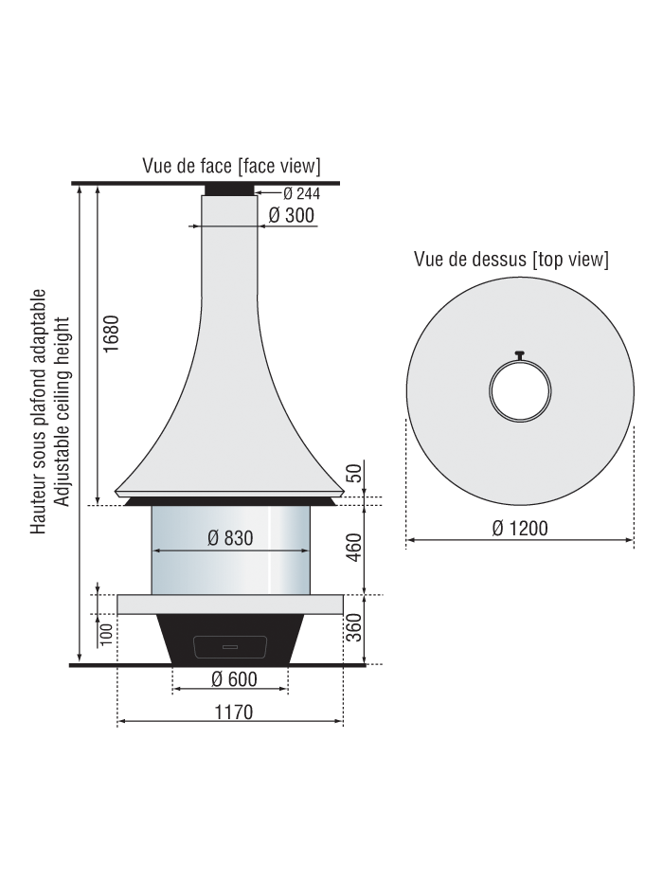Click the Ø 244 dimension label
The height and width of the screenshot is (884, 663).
click(x=301, y=194)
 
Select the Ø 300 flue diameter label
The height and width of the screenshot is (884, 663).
click(x=291, y=215)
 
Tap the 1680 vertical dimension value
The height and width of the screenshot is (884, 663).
click(x=112, y=334)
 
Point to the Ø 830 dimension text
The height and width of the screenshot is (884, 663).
click(x=230, y=538)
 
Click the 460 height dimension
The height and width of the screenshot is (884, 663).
click(x=353, y=548)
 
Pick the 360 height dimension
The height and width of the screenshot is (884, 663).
click(x=353, y=628)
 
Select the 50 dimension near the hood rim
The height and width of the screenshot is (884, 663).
click(x=353, y=473)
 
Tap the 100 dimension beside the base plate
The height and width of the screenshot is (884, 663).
click(x=106, y=635)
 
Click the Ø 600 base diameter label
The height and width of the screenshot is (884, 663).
click(x=234, y=679)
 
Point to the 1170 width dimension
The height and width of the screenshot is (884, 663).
click(x=233, y=713)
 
